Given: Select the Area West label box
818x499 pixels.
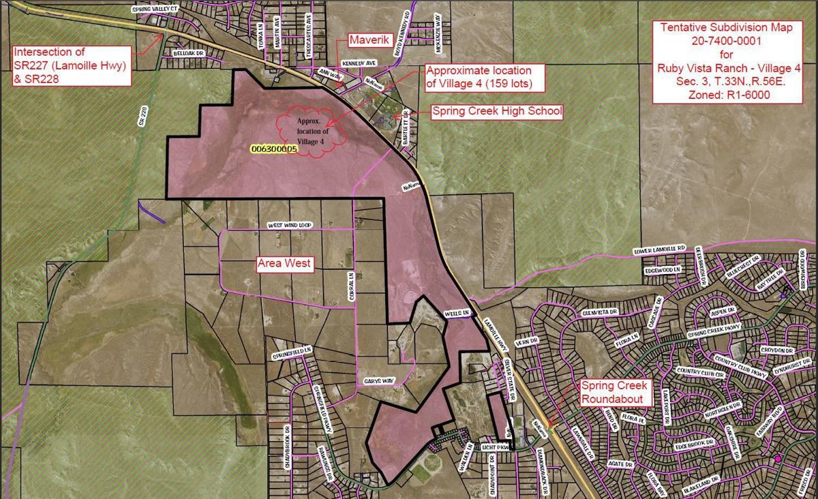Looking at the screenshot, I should [x=284, y=264].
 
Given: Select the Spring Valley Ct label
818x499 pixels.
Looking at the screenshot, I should [x=154, y=10].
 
